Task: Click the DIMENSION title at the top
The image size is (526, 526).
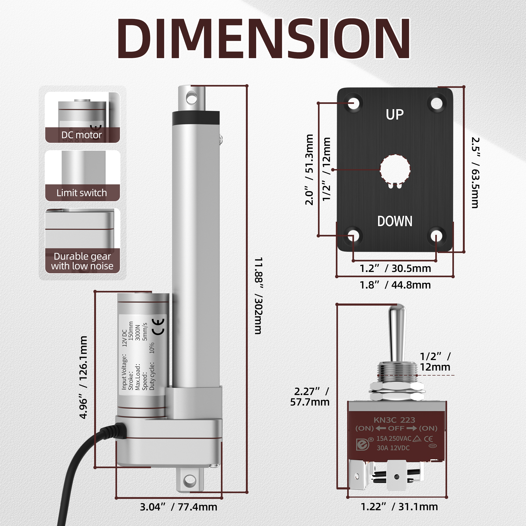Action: [263, 38]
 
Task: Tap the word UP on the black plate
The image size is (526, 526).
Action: [394, 115]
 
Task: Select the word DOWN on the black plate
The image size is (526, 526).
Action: [394, 221]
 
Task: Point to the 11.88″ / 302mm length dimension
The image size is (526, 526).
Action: [258, 295]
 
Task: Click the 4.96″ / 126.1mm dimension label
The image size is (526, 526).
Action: [83, 377]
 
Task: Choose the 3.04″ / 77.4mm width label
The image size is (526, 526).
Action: [179, 507]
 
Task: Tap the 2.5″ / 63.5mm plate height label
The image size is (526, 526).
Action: [475, 173]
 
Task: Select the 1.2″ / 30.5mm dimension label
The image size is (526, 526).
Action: [395, 269]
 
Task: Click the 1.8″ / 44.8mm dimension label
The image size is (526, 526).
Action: [395, 285]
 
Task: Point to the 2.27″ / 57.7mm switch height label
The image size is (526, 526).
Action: [310, 397]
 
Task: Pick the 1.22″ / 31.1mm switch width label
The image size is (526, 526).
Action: [399, 507]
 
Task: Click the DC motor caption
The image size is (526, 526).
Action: [82, 135]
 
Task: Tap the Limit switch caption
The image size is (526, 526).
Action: [82, 193]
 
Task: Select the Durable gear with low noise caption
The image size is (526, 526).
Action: [82, 261]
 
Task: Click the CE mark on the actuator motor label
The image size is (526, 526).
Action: [158, 326]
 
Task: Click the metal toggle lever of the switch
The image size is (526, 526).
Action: [397, 333]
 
